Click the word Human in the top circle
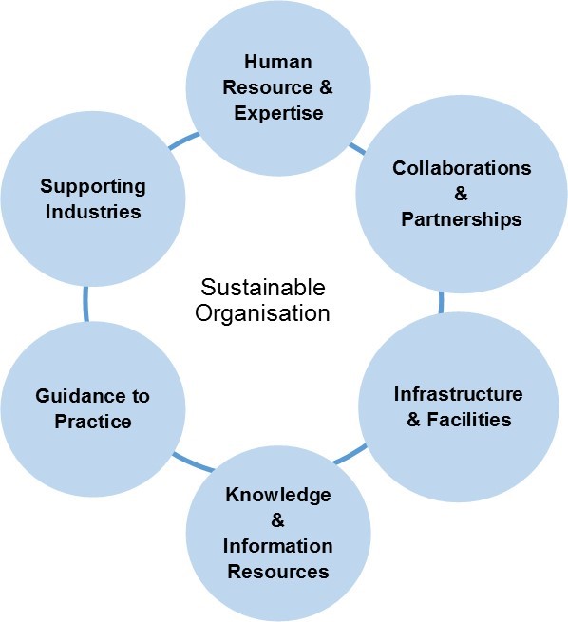pyautogui.click(x=278, y=63)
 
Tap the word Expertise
pyautogui.click(x=278, y=113)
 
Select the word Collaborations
pyautogui.click(x=462, y=168)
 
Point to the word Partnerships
pyautogui.click(x=462, y=219)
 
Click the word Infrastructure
pyautogui.click(x=458, y=394)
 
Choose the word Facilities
pyautogui.click(x=469, y=420)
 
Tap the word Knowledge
pyautogui.click(x=278, y=496)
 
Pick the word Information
pyautogui.click(x=277, y=546)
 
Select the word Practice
pyautogui.click(x=93, y=422)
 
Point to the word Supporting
pyautogui.click(x=93, y=187)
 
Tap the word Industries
pyautogui.click(x=93, y=212)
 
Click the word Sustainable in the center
pyautogui.click(x=263, y=287)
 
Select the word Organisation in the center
pyautogui.click(x=262, y=313)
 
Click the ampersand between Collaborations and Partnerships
pyautogui.click(x=461, y=194)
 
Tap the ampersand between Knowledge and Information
pyautogui.click(x=277, y=520)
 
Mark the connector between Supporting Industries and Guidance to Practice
pyautogui.click(x=85, y=304)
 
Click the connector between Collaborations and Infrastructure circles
pyautogui.click(x=442, y=302)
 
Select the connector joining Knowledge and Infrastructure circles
pyautogui.click(x=350, y=454)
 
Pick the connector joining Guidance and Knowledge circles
pyautogui.click(x=193, y=462)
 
